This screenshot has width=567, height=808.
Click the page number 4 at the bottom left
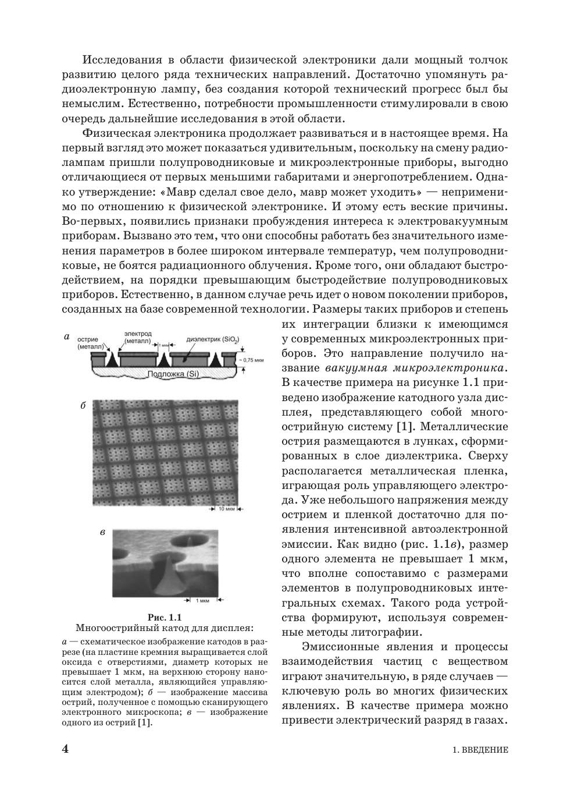click(x=65, y=749)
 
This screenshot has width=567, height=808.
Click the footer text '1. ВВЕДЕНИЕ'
click(x=480, y=750)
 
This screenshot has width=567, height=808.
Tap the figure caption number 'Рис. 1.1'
click(x=165, y=617)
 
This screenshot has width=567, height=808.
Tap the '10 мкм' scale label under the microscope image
click(x=226, y=509)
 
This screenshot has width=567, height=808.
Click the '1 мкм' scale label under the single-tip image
click(x=202, y=600)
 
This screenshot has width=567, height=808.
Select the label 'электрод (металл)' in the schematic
click(x=137, y=337)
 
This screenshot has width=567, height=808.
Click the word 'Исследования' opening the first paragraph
click(x=120, y=60)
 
